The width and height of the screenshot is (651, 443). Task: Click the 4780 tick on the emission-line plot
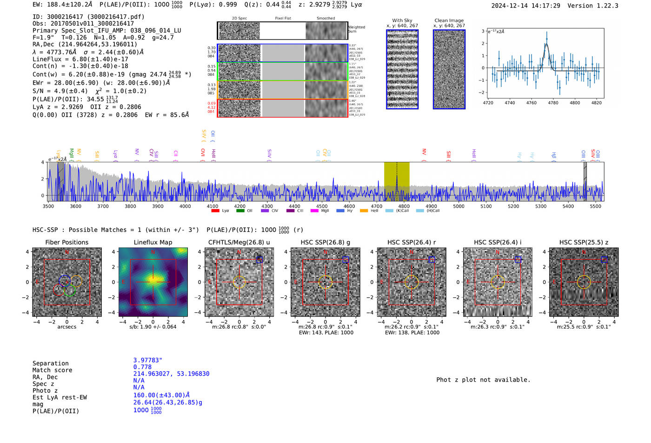point(553,103)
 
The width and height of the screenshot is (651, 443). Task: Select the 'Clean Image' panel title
point(449,20)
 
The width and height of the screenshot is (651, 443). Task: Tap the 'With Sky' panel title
point(402,20)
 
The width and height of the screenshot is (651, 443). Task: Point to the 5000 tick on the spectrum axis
point(458,206)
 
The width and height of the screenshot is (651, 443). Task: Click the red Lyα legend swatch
point(215,211)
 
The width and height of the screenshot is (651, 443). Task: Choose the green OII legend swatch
point(240,211)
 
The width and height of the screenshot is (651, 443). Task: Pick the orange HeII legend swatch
point(364,211)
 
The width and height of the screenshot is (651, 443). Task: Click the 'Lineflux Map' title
point(153,242)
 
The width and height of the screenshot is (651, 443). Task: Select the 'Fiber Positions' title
point(66,242)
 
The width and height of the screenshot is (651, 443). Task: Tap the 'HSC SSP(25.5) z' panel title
point(584,242)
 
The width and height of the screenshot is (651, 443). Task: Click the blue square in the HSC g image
point(345,260)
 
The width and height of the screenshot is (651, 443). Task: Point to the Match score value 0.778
point(142,367)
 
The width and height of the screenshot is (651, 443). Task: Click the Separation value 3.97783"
point(147,360)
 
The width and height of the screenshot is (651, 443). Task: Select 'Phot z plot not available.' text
point(483,380)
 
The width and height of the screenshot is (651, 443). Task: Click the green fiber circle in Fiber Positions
point(69,291)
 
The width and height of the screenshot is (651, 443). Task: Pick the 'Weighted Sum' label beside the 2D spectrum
point(356,29)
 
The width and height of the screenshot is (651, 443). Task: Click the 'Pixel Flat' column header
point(283,19)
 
